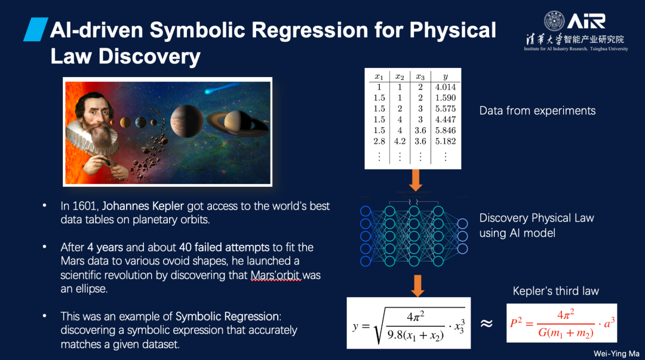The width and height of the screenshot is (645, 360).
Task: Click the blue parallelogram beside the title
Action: coord(36,29)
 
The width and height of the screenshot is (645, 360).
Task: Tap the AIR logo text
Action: coord(586,21)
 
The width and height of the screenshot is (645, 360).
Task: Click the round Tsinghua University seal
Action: coord(554,21)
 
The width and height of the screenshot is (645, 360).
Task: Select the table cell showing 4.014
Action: coord(445,87)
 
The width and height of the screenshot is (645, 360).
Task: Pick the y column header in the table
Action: coord(446,76)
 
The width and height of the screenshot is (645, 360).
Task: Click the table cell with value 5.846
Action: coord(445,130)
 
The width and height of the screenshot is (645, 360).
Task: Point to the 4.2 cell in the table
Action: coord(400,141)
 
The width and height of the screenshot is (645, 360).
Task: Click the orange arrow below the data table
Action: coord(416,180)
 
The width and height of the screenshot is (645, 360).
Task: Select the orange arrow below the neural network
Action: coord(417,285)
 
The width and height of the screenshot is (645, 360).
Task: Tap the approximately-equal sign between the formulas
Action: coord(487,324)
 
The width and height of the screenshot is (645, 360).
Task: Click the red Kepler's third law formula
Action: coord(562,323)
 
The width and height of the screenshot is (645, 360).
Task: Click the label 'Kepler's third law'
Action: coord(555,291)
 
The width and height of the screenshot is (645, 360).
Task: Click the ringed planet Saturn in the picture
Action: coord(237,122)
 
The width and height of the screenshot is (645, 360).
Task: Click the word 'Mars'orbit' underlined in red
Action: coord(275,275)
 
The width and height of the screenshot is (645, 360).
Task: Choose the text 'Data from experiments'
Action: coord(537,110)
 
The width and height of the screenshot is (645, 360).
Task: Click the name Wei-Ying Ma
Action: coord(616,353)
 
